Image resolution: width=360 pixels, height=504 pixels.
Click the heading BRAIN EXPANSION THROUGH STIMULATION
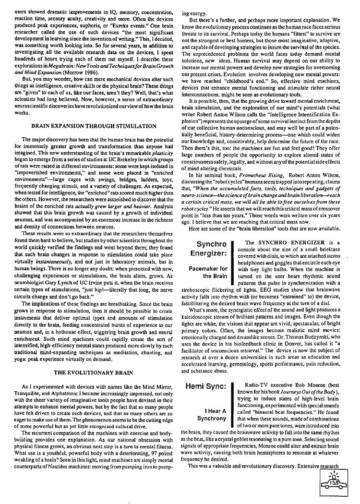tap(94, 126)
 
